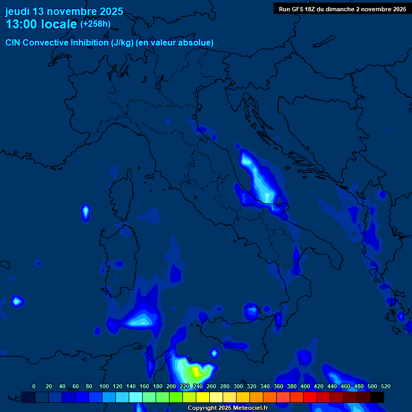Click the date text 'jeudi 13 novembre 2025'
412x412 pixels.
pyautogui.click(x=64, y=11)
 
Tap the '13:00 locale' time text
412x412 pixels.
pyautogui.click(x=41, y=24)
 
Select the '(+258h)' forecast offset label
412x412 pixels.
pyautogui.click(x=95, y=24)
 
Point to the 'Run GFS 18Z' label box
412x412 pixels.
pyautogui.click(x=342, y=9)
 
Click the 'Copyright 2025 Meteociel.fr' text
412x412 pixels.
pyautogui.click(x=227, y=408)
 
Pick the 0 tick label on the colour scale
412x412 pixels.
pyautogui.click(x=34, y=386)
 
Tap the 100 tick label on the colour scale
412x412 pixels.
pyautogui.click(x=104, y=386)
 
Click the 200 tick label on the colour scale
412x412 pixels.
pyautogui.click(x=171, y=386)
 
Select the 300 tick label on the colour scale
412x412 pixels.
pyautogui.click(x=238, y=386)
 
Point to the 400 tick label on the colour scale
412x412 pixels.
pyautogui.click(x=305, y=386)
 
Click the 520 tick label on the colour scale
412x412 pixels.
pyautogui.click(x=385, y=386)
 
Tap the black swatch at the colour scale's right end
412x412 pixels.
pyautogui.click(x=377, y=397)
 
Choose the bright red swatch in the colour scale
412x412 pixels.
pyautogui.click(x=310, y=397)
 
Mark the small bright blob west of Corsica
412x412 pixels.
pyautogui.click(x=85, y=212)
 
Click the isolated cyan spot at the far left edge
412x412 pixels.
pyautogui.click(x=17, y=301)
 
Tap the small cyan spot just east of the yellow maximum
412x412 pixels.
pyautogui.click(x=214, y=352)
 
